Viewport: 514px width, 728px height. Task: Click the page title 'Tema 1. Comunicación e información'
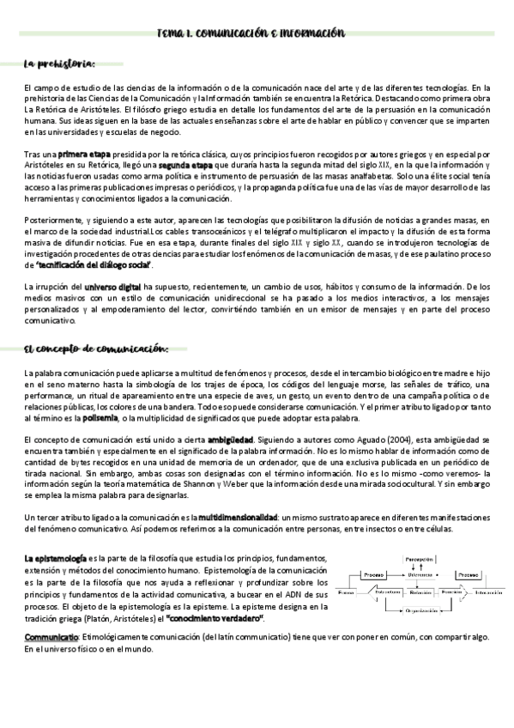251,33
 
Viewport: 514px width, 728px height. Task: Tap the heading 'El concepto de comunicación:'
96,348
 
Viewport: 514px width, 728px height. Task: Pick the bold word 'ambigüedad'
230,440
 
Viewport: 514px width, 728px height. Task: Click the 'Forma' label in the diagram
345,592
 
